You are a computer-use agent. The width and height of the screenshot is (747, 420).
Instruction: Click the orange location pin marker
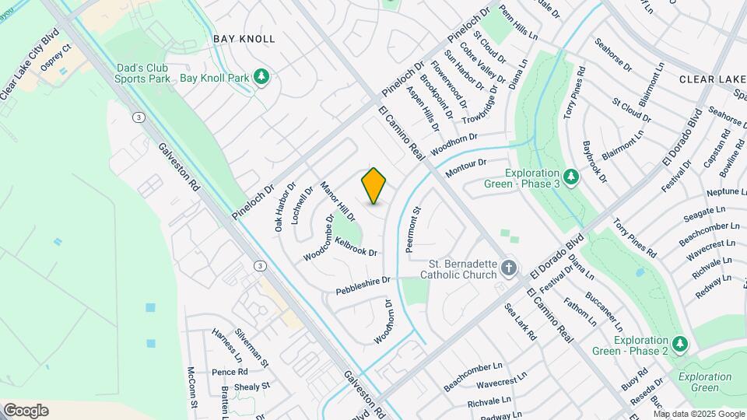pyautogui.click(x=374, y=186)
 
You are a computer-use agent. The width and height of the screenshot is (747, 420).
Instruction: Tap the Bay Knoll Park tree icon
pyautogui.click(x=262, y=76)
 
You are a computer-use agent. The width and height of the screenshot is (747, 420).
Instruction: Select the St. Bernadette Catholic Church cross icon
pyautogui.click(x=509, y=268)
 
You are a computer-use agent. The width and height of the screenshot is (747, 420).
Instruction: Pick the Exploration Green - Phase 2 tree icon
pyautogui.click(x=680, y=343)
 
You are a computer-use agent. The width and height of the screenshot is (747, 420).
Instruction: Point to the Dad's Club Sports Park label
pyautogui.click(x=142, y=73)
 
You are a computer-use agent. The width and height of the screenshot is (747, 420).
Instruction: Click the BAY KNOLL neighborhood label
pyautogui.click(x=244, y=38)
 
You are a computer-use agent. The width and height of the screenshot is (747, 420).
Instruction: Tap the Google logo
pyautogui.click(x=26, y=411)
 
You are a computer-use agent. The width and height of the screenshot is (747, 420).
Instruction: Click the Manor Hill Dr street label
pyautogui.click(x=338, y=201)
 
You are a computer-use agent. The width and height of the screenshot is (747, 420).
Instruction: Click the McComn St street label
pyautogui.click(x=192, y=388)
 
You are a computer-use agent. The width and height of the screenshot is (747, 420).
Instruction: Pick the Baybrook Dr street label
pyautogui.click(x=594, y=161)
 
